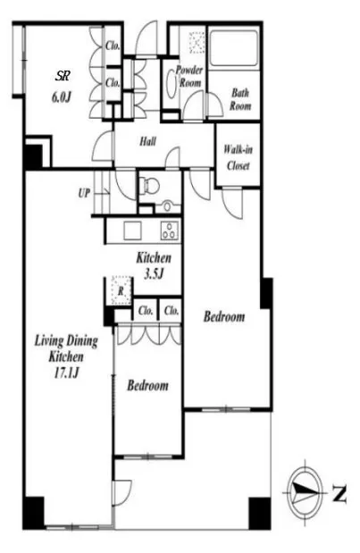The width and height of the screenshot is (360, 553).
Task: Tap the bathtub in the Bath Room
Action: tap(233, 48)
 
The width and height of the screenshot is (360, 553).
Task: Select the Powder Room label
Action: tap(189, 76)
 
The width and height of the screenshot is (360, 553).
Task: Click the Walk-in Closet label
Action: tap(238, 157)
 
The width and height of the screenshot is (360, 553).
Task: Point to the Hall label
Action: tap(147, 142)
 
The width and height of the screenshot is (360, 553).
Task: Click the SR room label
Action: tap(63, 76)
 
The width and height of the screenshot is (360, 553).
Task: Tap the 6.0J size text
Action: tap(62, 96)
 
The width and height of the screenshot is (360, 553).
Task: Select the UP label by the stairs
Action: tap(84, 193)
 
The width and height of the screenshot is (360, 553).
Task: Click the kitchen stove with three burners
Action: tap(170, 230)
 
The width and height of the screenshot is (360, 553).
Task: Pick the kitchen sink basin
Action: tap(132, 230)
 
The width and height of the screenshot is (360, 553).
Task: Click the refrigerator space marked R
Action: tap(121, 291)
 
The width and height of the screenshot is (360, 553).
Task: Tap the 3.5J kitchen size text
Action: tap(154, 273)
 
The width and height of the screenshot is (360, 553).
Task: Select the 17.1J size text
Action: tap(66, 373)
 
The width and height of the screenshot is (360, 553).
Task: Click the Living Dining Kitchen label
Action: tap(66, 348)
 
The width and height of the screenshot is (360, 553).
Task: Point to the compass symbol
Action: tap(304, 491)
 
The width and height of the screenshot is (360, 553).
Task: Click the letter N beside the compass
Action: tap(339, 493)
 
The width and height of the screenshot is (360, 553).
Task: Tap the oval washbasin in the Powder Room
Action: tap(171, 85)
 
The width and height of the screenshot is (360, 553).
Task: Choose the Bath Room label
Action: tap(240, 99)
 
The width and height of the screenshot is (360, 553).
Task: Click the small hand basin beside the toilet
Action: tap(168, 205)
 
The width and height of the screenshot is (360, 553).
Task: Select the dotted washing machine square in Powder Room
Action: tap(197, 43)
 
